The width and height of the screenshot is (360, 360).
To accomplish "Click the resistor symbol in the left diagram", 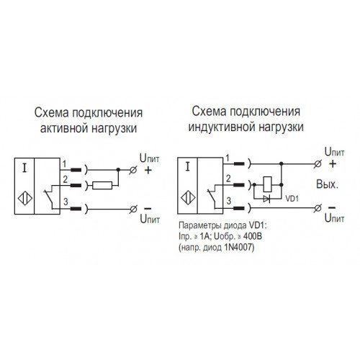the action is click(x=102, y=186).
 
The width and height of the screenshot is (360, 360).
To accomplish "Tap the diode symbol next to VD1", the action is click(x=266, y=199).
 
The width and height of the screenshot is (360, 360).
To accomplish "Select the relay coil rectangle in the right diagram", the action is click(x=268, y=184).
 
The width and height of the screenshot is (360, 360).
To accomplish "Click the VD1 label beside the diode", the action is click(x=292, y=199).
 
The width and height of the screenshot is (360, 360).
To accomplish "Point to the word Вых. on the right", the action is click(x=327, y=184).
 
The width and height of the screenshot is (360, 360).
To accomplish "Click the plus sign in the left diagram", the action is click(x=148, y=170).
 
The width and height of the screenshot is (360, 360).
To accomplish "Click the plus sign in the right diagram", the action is click(x=333, y=164).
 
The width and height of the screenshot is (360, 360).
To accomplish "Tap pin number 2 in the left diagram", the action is click(x=65, y=179).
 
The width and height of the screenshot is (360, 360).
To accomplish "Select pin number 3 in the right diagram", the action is click(x=229, y=201).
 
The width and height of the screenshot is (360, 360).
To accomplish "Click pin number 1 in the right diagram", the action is click(x=228, y=158).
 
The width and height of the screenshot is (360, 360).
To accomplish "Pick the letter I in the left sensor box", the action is click(x=24, y=168).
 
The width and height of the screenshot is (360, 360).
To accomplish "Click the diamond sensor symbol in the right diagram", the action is click(x=188, y=198).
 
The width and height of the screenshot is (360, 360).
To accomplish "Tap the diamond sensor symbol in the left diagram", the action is click(x=25, y=198).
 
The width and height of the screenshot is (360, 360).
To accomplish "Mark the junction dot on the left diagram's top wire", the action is click(x=118, y=170).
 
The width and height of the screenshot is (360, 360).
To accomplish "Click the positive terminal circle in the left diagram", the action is click(x=133, y=170).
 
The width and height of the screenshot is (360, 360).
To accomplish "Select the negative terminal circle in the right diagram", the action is click(x=318, y=208).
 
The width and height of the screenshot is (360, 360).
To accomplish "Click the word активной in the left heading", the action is click(x=63, y=128).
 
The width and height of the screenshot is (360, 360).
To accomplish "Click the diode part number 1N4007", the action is click(x=238, y=247).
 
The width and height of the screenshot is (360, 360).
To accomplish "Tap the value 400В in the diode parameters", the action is click(x=253, y=236).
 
